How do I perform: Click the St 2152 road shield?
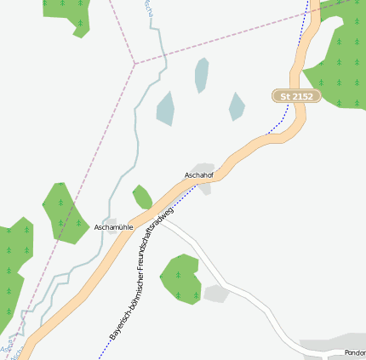296,96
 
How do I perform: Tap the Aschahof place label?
198,175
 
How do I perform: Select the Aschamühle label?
115,228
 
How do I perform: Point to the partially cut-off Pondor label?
355,352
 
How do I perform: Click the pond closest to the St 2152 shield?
236,106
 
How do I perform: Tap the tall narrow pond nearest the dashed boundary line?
201,75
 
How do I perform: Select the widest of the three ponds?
165,108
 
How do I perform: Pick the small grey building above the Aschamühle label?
111,221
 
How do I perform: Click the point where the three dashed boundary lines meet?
134,63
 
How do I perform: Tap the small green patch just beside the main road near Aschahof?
142,197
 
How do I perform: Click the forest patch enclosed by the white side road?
180,277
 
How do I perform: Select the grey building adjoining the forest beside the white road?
216,294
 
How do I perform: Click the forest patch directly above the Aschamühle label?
61,208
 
